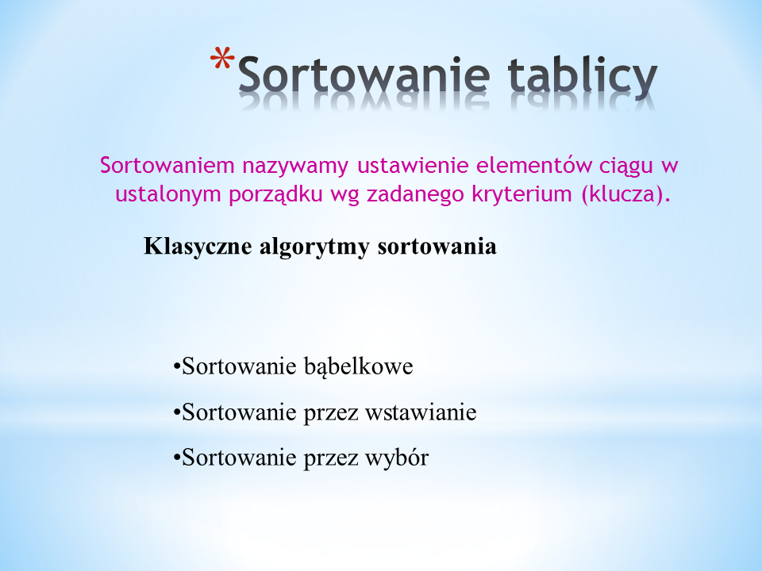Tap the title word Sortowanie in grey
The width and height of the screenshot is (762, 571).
point(364,75)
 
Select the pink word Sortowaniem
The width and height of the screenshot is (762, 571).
point(167,165)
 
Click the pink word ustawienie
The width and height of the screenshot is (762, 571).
point(413,165)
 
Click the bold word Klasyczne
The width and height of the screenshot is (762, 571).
point(198,247)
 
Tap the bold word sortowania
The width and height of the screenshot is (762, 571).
point(437,247)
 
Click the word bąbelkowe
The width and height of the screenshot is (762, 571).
point(359,366)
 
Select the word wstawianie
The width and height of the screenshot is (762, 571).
point(421,412)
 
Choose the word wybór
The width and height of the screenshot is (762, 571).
point(397,458)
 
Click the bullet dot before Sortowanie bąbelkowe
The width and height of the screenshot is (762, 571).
point(176,366)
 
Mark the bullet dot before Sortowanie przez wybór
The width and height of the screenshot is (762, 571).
point(176,458)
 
